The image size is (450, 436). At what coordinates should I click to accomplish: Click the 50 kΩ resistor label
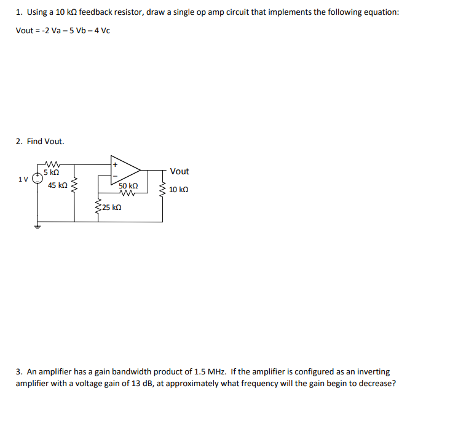coord(128,185)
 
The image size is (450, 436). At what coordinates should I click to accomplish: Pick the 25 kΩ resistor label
coord(111,208)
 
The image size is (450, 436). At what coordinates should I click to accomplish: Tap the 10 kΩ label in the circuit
coord(178,190)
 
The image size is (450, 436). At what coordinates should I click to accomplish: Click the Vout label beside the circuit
coord(180,171)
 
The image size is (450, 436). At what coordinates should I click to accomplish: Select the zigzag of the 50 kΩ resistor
coord(128,192)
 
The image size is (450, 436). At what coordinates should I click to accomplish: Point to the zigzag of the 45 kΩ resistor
coord(74,185)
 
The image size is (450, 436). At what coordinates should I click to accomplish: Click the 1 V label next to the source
coord(23,179)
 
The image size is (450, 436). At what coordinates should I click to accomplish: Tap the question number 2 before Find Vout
coord(18,141)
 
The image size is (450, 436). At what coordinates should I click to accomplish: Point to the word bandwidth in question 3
coord(147,372)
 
